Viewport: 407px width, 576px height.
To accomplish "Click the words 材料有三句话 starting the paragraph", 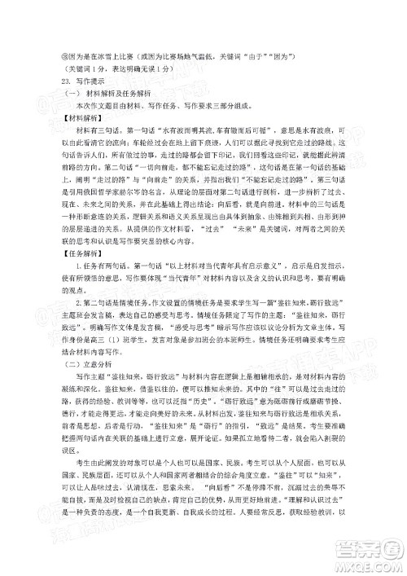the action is pyautogui.click(x=93, y=130).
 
